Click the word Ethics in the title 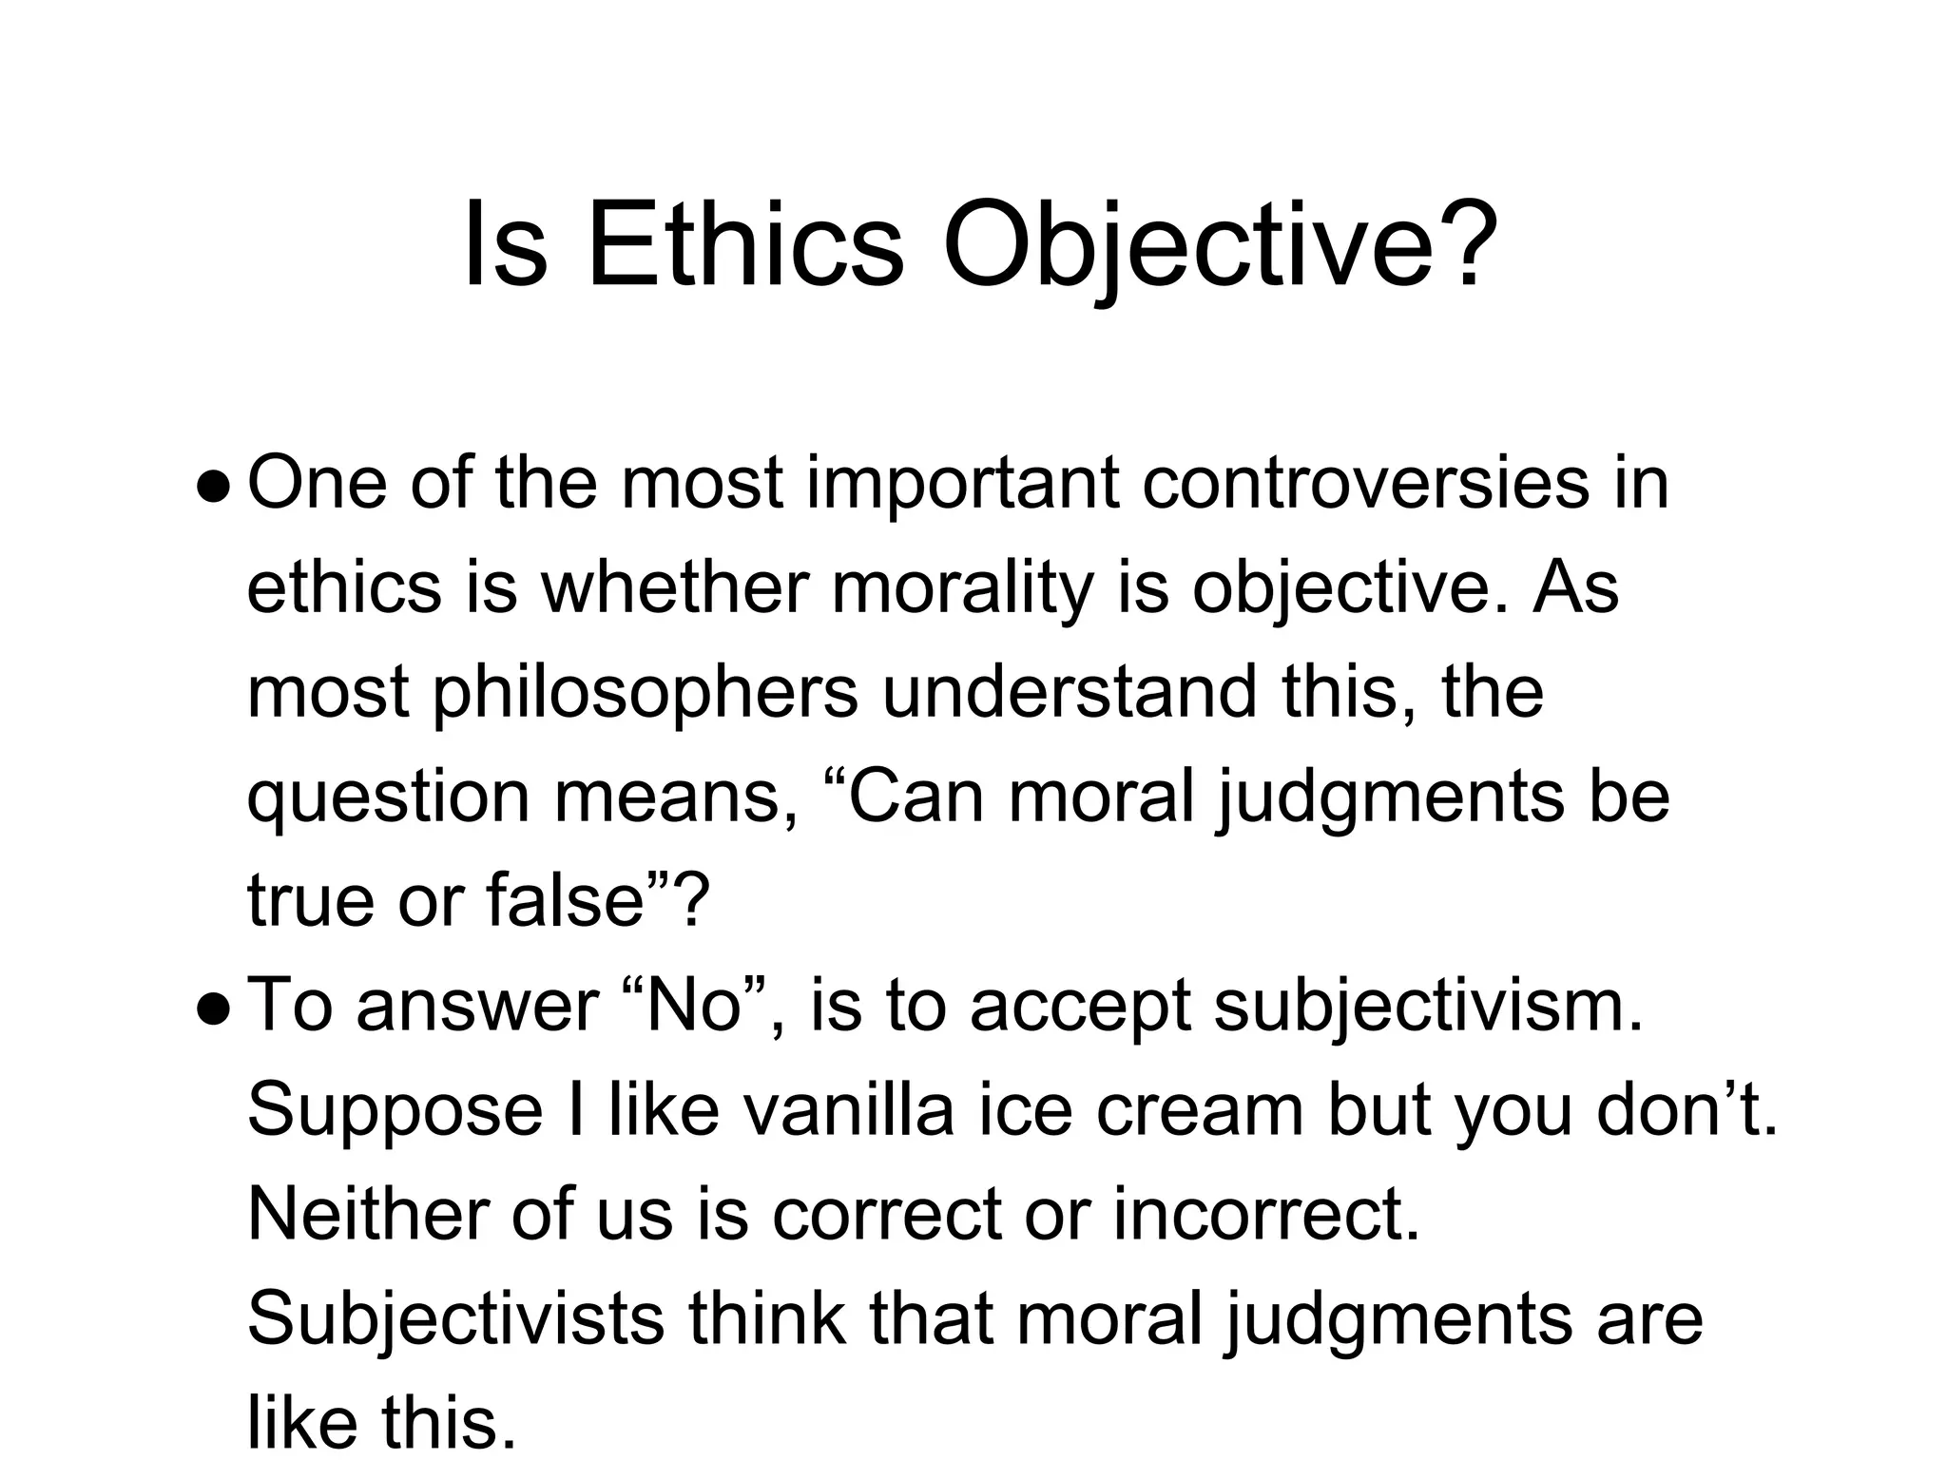click(744, 244)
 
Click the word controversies click(1363, 484)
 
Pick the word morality click(962, 588)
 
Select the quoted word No click(693, 1006)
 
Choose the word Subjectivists click(455, 1319)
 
